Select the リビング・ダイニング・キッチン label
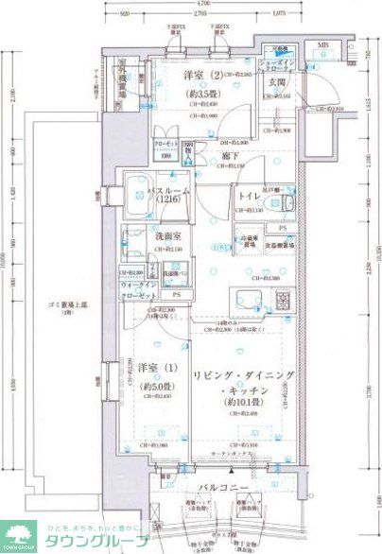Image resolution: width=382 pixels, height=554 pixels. (x=238, y=383)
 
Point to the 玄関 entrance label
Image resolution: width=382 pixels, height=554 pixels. (x=277, y=82)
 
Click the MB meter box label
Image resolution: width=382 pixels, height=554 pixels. (x=322, y=45)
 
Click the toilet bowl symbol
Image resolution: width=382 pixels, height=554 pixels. (x=286, y=205)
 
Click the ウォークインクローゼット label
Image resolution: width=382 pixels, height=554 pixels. (x=137, y=291)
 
